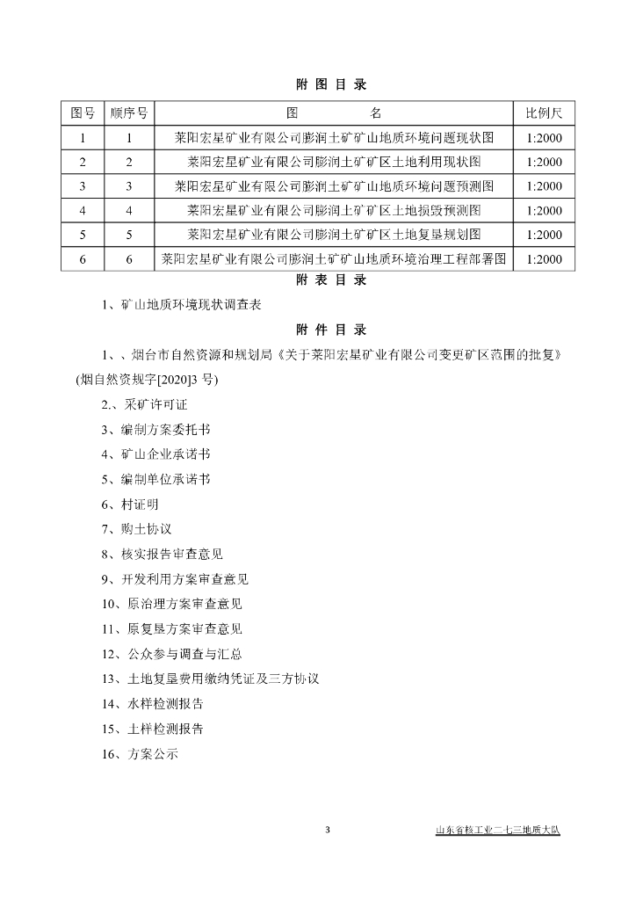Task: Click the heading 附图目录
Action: click(x=319, y=85)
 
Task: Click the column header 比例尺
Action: click(x=544, y=114)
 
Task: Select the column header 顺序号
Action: click(x=128, y=114)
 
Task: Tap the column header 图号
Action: click(x=83, y=114)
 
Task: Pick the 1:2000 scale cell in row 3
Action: click(x=544, y=186)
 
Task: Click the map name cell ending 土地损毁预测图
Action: click(x=334, y=211)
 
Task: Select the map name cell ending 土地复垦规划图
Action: click(x=334, y=235)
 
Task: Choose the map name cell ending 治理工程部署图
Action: click(x=334, y=259)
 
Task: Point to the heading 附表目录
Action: click(x=319, y=281)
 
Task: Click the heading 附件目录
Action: click(x=319, y=330)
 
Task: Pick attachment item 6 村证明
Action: click(x=131, y=504)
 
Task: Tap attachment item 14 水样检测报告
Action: click(x=153, y=704)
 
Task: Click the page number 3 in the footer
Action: click(x=327, y=831)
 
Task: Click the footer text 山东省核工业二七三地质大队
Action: click(x=497, y=831)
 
